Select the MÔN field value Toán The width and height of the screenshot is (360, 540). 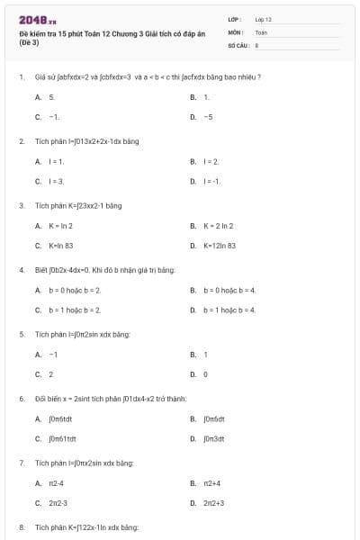click(x=261, y=31)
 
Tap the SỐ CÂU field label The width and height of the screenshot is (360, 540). click(x=237, y=43)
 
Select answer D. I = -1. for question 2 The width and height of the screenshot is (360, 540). click(x=211, y=181)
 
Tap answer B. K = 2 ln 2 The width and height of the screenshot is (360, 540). click(x=218, y=225)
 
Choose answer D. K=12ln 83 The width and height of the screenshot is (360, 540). click(x=219, y=245)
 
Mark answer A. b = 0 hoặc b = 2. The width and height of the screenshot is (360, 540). click(x=74, y=290)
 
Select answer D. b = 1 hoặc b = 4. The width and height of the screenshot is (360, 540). click(x=229, y=310)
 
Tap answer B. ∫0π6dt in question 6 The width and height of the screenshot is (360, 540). click(x=213, y=418)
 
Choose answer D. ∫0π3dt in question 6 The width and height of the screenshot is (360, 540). click(x=213, y=438)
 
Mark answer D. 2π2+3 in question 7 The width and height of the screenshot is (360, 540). click(x=213, y=503)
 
